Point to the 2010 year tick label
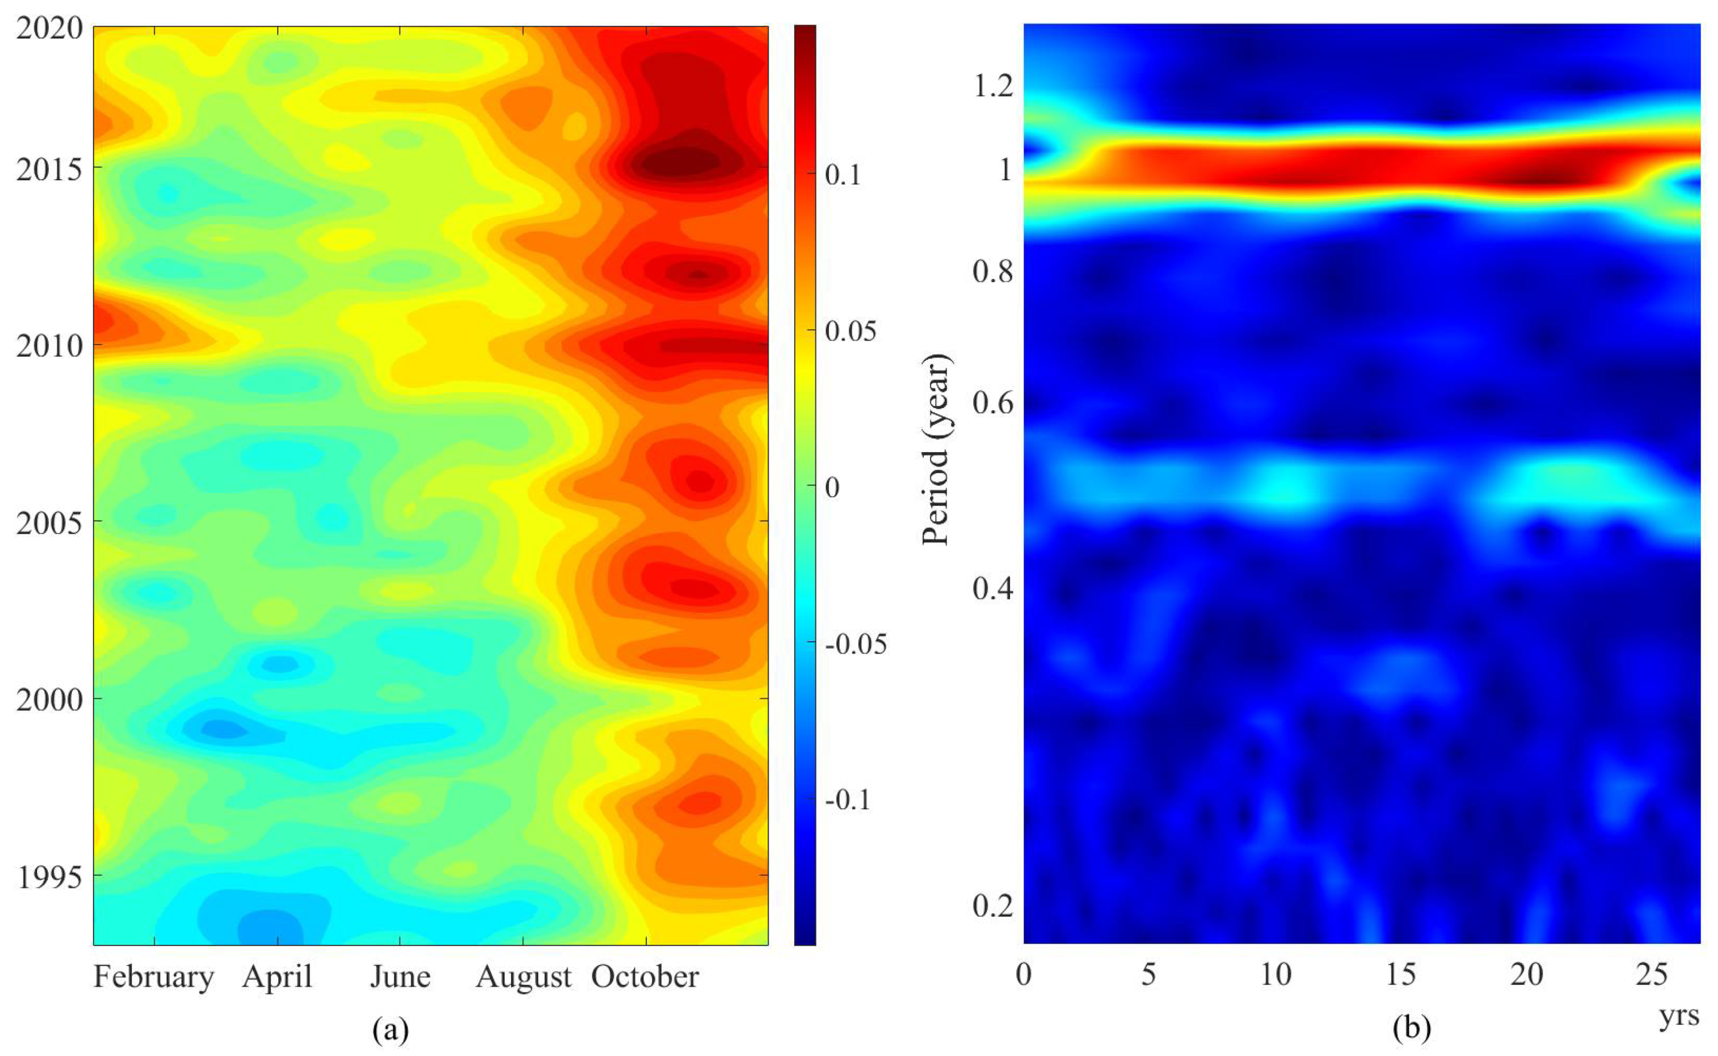tap(49, 346)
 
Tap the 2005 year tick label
tap(49, 523)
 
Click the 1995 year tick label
tap(49, 876)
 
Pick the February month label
tap(154, 976)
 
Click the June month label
tap(400, 976)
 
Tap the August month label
tap(524, 976)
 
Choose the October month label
tap(645, 976)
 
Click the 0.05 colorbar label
tap(850, 330)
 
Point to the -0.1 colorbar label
tap(847, 800)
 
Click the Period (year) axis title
tap(935, 450)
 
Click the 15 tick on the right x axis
tap(1401, 974)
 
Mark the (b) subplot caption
tap(1411, 1028)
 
